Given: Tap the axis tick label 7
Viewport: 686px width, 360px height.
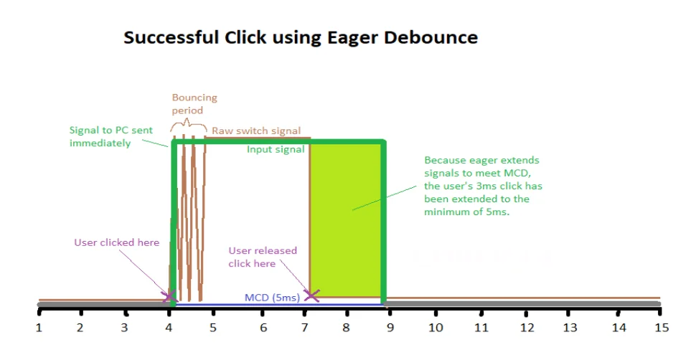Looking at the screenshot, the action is click(x=304, y=328).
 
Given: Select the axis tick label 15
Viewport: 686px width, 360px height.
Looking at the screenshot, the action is click(x=662, y=328).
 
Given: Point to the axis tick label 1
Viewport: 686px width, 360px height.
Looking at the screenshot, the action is click(x=39, y=328).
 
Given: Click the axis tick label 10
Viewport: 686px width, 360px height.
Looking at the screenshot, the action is click(x=436, y=328).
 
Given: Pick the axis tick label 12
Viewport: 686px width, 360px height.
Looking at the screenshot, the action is click(x=527, y=328).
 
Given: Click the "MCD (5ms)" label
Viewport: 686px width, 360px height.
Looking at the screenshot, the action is click(x=272, y=298).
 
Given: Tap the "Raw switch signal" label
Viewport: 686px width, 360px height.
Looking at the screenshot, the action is click(x=256, y=131).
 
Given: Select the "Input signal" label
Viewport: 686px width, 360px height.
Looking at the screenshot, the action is click(x=276, y=149).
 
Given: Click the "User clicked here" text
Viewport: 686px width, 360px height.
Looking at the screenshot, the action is click(x=116, y=242).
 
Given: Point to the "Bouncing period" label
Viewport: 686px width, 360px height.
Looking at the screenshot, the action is click(x=194, y=104).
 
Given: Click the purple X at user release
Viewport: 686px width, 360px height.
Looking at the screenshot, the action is click(x=311, y=295).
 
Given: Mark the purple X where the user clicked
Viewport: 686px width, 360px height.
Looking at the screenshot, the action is click(x=169, y=296).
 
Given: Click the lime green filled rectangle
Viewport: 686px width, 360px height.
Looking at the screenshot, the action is click(x=346, y=220).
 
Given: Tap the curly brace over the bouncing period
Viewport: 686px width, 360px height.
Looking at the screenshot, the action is click(x=188, y=124).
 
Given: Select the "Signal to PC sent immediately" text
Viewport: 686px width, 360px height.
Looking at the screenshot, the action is click(x=111, y=136).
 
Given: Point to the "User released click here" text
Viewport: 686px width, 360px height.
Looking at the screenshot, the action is click(x=263, y=257).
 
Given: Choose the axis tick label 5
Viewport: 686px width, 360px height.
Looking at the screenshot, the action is click(x=213, y=328).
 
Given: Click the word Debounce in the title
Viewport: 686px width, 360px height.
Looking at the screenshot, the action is click(x=431, y=37).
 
